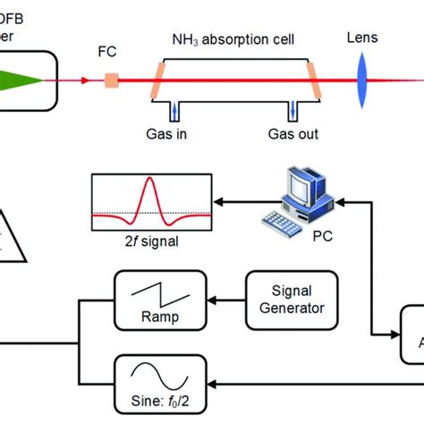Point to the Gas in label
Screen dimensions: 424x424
(174, 135)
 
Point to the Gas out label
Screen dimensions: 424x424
(293, 135)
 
